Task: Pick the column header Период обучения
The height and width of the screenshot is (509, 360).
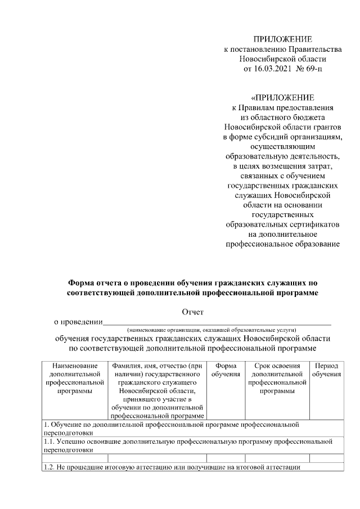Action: (327, 370)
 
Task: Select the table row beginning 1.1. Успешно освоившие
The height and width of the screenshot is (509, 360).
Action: (185, 446)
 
